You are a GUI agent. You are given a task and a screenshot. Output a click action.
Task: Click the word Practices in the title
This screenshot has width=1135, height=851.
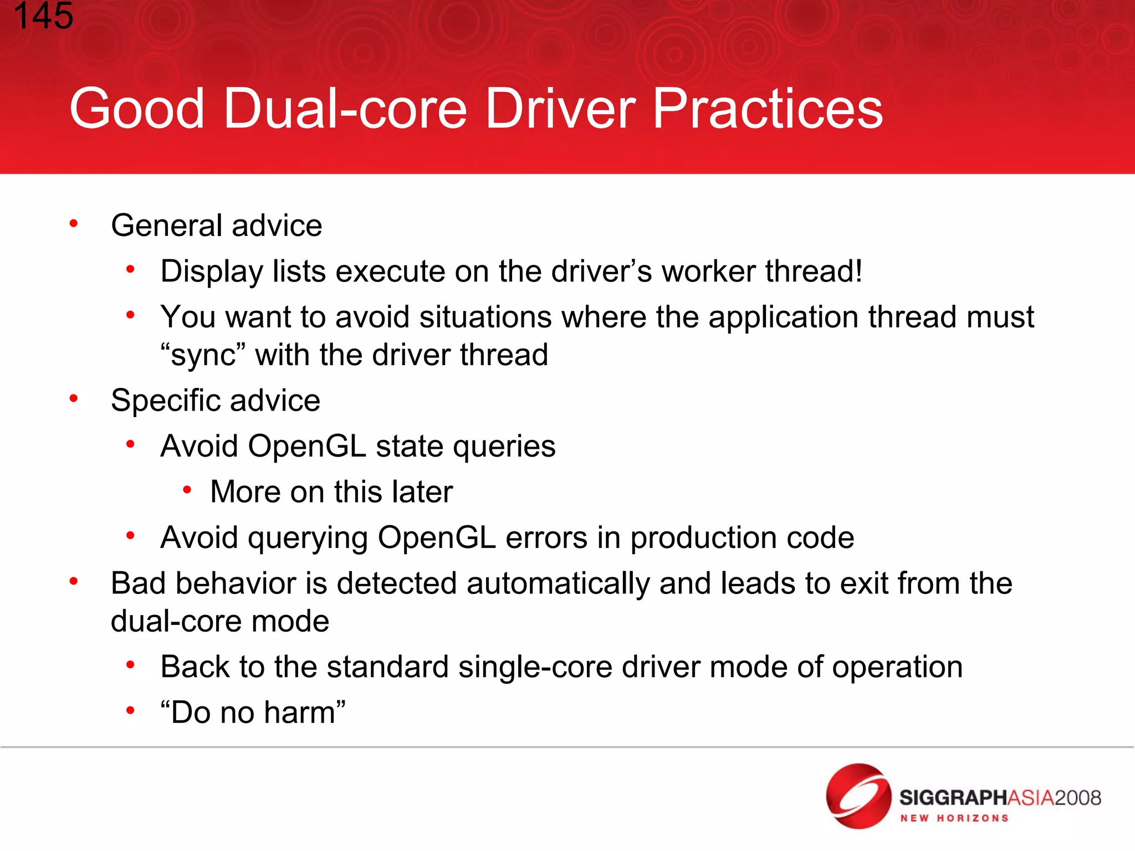click(x=768, y=109)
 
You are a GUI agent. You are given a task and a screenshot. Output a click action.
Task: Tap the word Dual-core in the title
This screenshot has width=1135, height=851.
click(x=346, y=109)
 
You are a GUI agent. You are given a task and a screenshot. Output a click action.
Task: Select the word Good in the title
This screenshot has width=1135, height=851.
click(x=137, y=109)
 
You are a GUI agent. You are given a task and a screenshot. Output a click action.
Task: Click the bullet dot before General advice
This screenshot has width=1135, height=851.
click(x=74, y=224)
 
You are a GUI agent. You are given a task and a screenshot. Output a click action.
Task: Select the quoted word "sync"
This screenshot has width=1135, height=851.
click(x=203, y=355)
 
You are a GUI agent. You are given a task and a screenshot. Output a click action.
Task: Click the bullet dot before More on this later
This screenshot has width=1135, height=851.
click(x=187, y=490)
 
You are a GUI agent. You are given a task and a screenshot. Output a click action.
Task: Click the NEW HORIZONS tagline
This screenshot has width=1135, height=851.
click(x=954, y=818)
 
